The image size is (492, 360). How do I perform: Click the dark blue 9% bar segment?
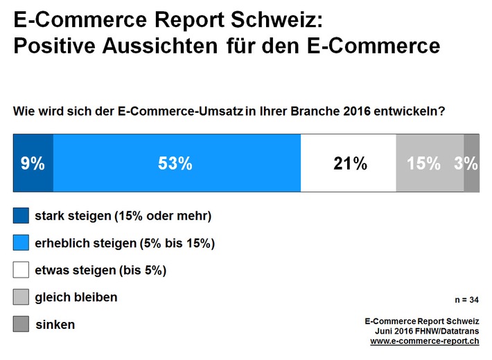33,163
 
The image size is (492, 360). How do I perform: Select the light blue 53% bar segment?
177,163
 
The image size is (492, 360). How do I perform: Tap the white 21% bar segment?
348,163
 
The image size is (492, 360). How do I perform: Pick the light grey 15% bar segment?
429,163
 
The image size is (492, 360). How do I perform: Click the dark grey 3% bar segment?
471,163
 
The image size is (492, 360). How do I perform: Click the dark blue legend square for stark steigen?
21,215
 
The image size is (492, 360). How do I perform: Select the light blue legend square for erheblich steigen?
21,243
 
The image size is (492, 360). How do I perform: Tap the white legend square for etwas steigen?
21,270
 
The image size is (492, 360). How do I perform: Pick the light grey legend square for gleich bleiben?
21,297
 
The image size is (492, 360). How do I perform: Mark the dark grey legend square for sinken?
21,324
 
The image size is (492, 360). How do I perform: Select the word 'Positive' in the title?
54,46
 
